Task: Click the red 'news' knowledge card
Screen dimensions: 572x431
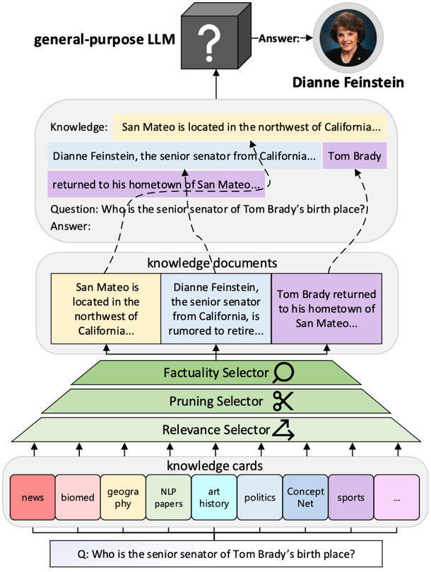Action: pyautogui.click(x=32, y=497)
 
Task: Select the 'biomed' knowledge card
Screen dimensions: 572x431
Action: pyautogui.click(x=78, y=497)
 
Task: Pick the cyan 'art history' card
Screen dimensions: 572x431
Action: pyautogui.click(x=214, y=497)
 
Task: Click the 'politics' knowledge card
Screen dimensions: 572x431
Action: pyautogui.click(x=259, y=497)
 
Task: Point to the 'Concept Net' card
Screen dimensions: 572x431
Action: pyautogui.click(x=305, y=497)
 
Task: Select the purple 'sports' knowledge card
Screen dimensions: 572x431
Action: pyautogui.click(x=350, y=497)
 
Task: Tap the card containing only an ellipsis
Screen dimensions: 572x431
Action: pyautogui.click(x=396, y=497)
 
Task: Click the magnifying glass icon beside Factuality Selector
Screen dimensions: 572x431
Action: pyautogui.click(x=285, y=372)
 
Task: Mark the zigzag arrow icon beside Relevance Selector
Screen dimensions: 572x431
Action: pyautogui.click(x=283, y=429)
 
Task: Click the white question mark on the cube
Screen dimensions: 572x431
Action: pyautogui.click(x=209, y=43)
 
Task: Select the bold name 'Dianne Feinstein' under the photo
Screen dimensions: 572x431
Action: pyautogui.click(x=348, y=83)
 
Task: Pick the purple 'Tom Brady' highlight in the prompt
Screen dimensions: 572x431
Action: pyautogui.click(x=355, y=156)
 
